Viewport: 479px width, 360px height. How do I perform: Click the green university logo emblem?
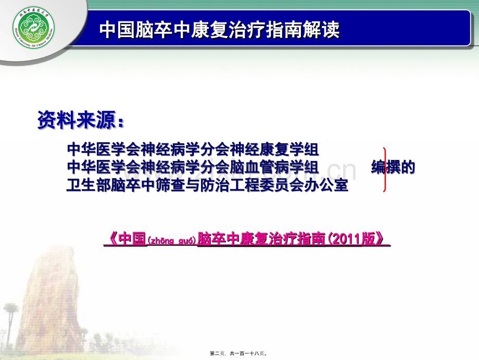point(34,28)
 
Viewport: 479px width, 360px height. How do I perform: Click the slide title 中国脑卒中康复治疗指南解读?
point(219,30)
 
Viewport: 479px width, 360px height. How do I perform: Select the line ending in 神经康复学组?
point(193,149)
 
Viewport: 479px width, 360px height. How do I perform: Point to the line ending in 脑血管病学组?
point(193,167)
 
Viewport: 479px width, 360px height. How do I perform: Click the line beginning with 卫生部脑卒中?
point(207,185)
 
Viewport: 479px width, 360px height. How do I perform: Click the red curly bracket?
point(385,170)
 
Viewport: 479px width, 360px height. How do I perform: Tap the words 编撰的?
point(393,167)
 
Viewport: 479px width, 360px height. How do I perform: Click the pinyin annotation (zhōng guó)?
point(171,241)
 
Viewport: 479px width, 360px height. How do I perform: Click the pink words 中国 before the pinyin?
point(132,239)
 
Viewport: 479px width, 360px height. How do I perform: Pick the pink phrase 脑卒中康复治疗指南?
point(261,239)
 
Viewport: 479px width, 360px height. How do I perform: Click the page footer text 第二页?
point(217,354)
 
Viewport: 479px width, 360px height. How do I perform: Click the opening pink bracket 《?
point(112,239)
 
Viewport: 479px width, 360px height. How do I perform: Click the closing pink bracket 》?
point(381,239)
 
